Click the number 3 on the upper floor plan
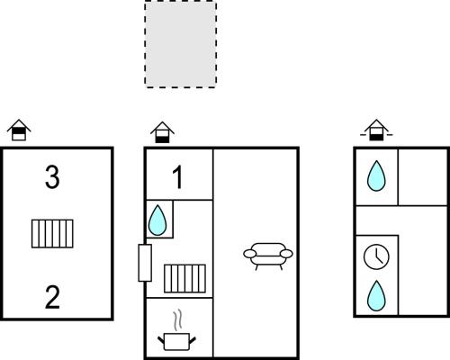52,177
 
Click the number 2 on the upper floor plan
52,297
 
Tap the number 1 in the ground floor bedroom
178,177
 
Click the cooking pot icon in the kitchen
177,341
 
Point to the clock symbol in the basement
376,256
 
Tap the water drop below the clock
376,296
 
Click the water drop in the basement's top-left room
376,176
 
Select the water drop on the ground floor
157,220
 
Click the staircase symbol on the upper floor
52,234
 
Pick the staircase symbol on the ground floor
184,278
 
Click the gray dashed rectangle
181,44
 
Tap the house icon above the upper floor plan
19,130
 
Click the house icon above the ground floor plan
162,132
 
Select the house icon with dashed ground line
376,130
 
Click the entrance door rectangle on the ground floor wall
145,263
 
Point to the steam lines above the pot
177,320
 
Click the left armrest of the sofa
249,254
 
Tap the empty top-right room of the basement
423,177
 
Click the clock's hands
378,256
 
